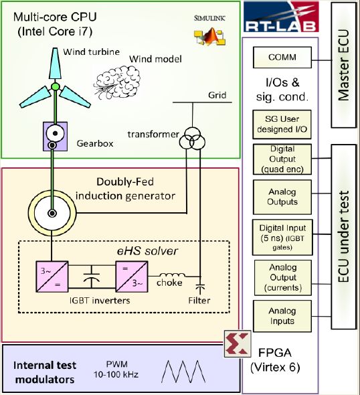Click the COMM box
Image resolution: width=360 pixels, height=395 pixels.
[x=282, y=57]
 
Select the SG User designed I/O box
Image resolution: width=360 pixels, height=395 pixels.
[x=282, y=125]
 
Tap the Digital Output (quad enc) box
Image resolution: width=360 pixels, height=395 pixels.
[x=282, y=159]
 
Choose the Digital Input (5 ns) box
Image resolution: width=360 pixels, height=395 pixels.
[x=282, y=237]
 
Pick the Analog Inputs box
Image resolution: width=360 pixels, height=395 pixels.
[x=282, y=316]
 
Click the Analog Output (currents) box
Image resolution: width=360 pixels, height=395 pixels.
[x=283, y=278]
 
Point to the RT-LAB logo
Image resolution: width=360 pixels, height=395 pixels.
[x=281, y=16]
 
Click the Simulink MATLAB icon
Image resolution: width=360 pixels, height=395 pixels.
[x=209, y=37]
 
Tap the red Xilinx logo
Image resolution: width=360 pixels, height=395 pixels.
[x=238, y=343]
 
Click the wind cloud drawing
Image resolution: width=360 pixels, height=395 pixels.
[x=117, y=82]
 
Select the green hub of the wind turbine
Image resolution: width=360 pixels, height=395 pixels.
[x=55, y=87]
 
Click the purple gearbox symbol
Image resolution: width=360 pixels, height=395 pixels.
[x=55, y=137]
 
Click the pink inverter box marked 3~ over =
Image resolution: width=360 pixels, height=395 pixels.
[x=52, y=276]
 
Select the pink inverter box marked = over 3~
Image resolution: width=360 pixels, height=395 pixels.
[x=132, y=276]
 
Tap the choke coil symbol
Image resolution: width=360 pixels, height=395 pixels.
[x=172, y=275]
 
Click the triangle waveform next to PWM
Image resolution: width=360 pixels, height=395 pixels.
[x=183, y=372]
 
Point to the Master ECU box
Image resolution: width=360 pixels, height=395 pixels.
[x=344, y=65]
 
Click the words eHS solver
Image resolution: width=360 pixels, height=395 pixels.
[x=147, y=251]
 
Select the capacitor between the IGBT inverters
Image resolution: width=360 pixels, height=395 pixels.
[x=92, y=276]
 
